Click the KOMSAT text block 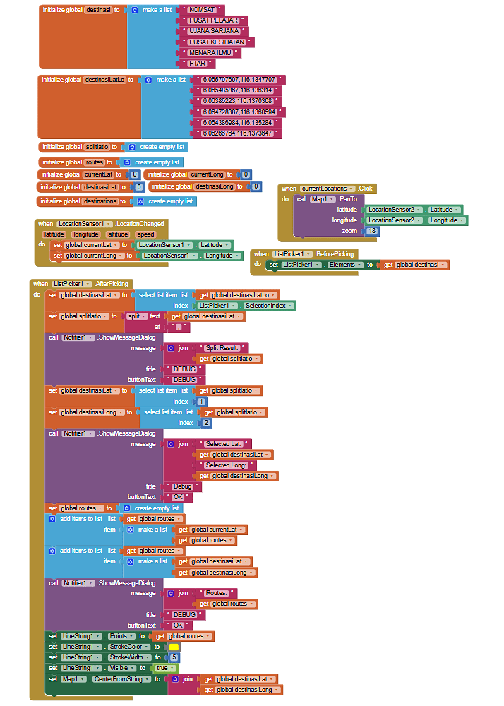point(202,9)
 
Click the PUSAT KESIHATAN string point(217,42)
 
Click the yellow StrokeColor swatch point(174,647)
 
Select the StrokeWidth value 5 point(174,657)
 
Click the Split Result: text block point(222,348)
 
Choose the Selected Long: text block point(226,465)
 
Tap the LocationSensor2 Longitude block point(414,220)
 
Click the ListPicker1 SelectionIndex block point(245,306)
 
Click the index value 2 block point(206,423)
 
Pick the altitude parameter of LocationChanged point(119,234)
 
